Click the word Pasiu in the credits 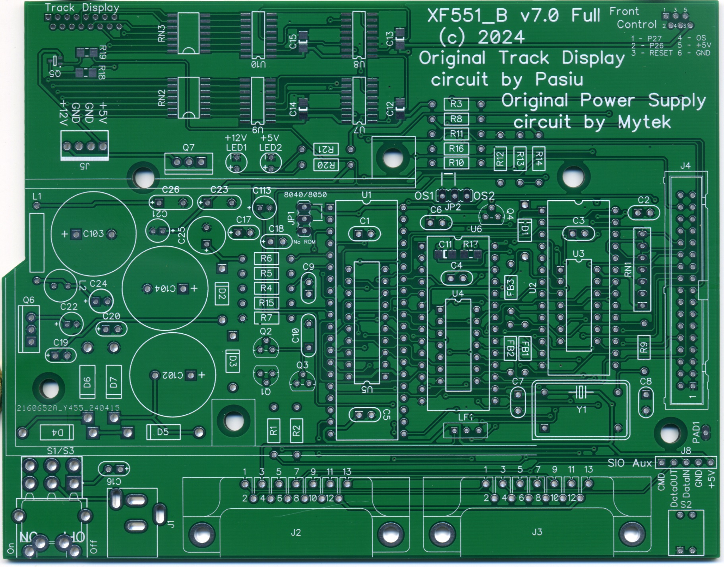coord(559,79)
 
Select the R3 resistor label coord(456,104)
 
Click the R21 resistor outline coord(326,149)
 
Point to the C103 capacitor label coord(93,234)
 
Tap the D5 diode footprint coord(163,432)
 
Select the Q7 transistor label coord(188,147)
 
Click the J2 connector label coord(296,532)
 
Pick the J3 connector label coord(537,532)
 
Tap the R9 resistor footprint coord(644,348)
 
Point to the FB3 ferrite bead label coord(511,287)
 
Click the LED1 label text coord(236,148)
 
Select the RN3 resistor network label coord(161,33)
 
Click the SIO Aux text coord(630,463)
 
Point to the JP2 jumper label coord(453,207)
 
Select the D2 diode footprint coord(222,294)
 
